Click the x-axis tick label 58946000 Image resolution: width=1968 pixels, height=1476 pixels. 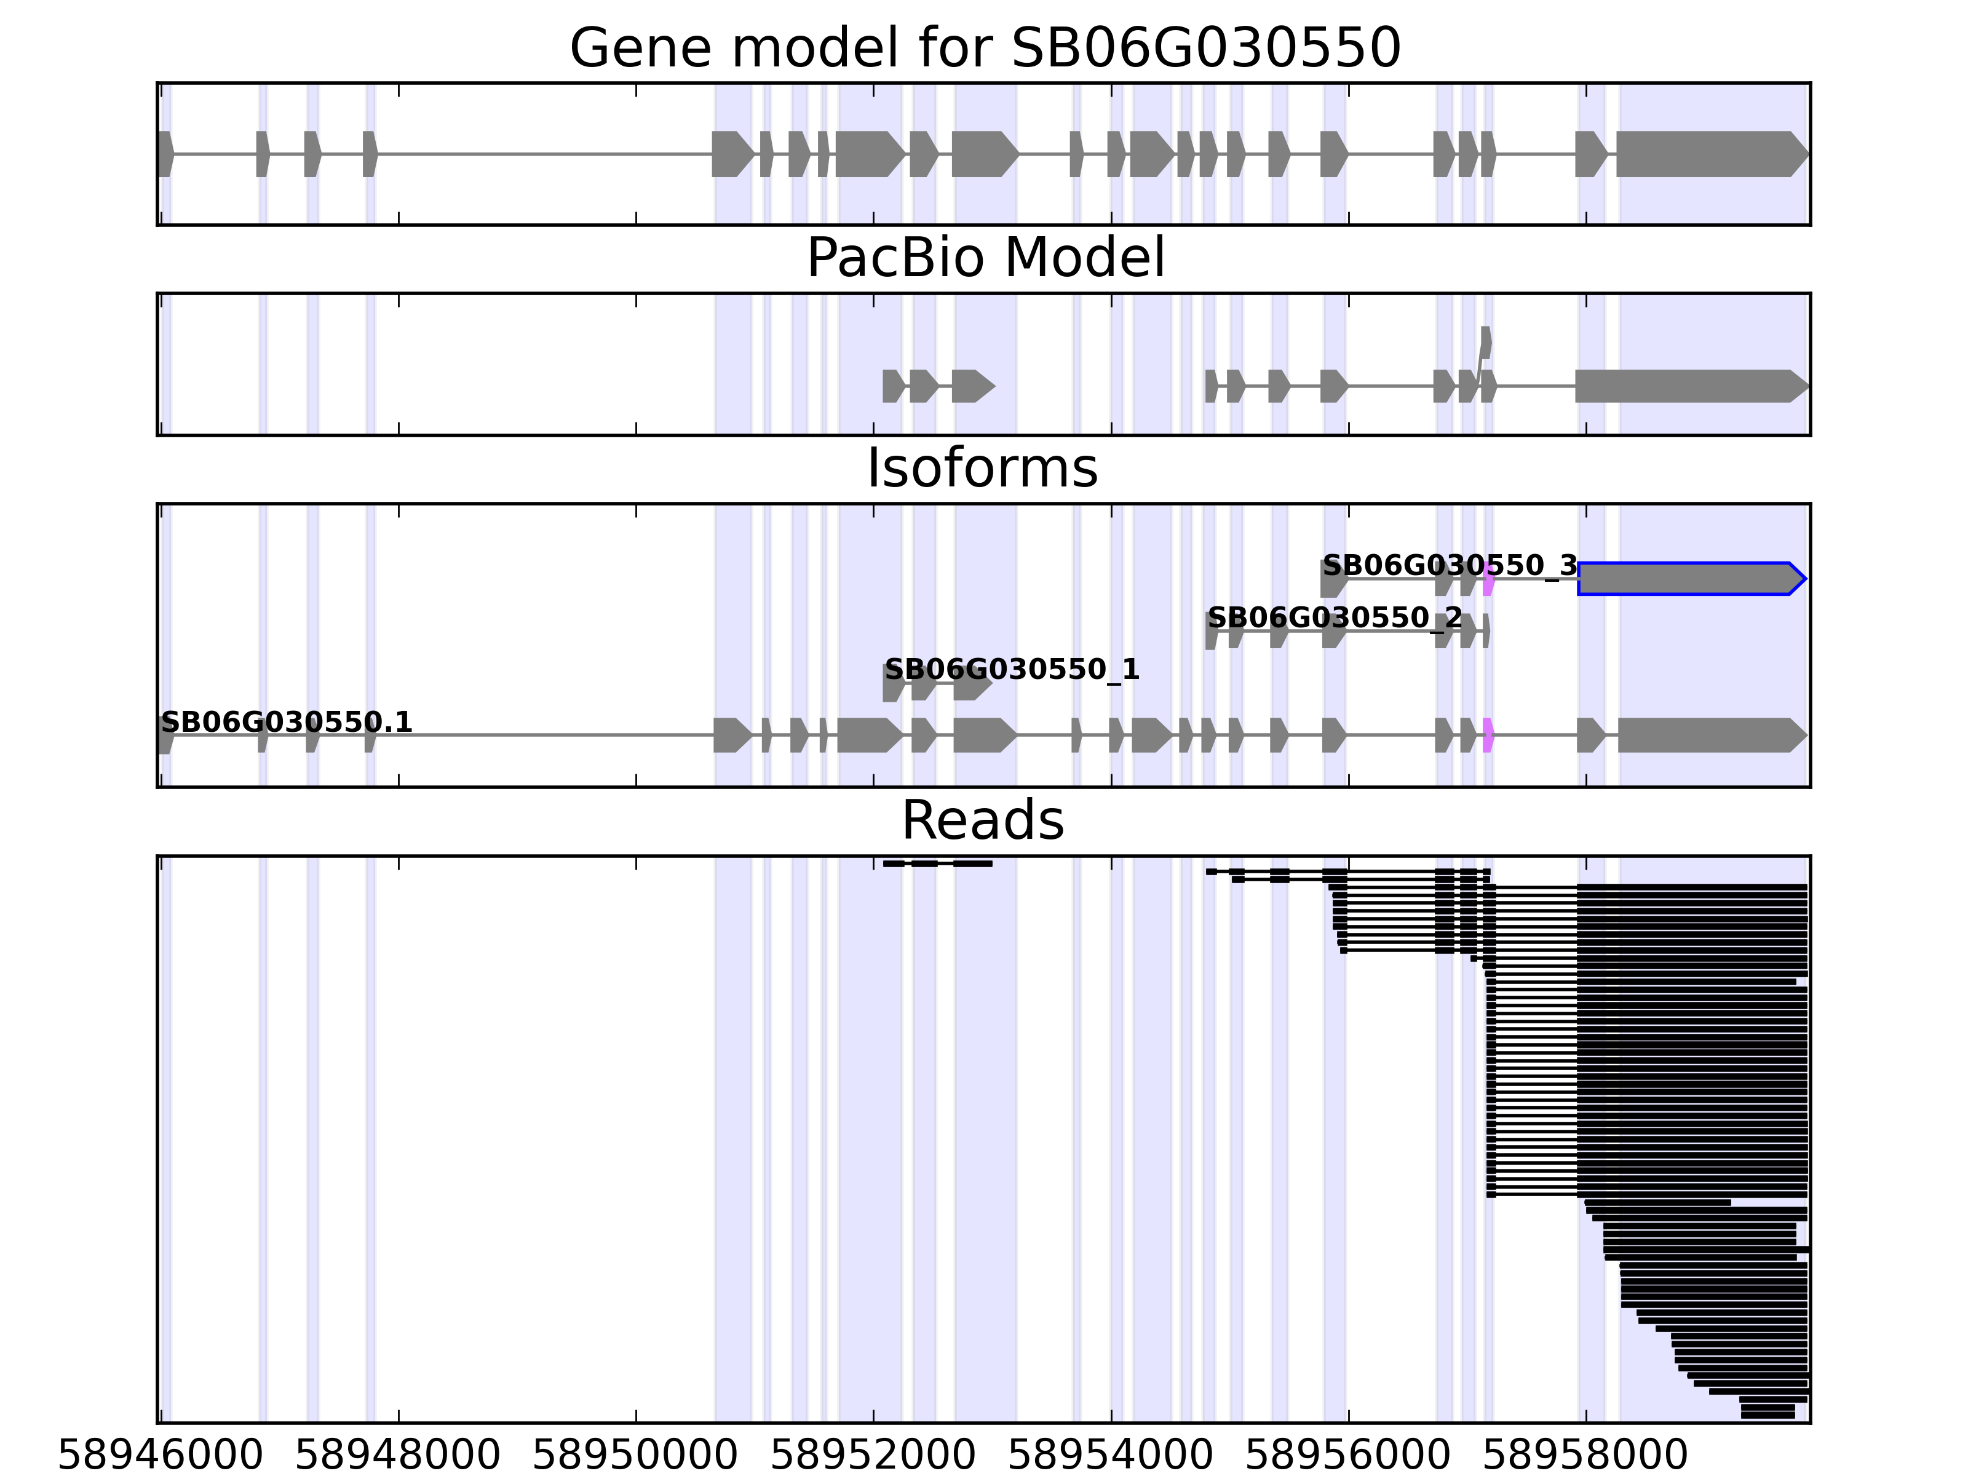[x=160, y=1456]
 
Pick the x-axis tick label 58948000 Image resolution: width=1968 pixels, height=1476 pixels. [x=398, y=1456]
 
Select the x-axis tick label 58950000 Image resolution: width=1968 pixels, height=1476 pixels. [x=635, y=1456]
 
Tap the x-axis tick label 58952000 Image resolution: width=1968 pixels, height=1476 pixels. [x=873, y=1456]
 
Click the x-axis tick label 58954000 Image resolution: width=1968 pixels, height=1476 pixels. [x=1110, y=1456]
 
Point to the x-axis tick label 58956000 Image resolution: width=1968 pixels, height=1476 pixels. [x=1348, y=1456]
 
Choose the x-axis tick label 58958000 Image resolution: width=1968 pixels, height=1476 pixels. [x=1585, y=1456]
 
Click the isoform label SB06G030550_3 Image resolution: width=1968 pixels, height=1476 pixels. [x=1450, y=566]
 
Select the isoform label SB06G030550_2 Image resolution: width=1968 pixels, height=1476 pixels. [x=1334, y=617]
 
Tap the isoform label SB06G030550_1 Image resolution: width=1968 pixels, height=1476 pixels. [x=1012, y=669]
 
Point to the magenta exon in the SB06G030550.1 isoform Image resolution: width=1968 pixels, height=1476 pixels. [x=1488, y=736]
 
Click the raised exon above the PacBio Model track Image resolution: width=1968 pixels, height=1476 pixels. [x=1486, y=343]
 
